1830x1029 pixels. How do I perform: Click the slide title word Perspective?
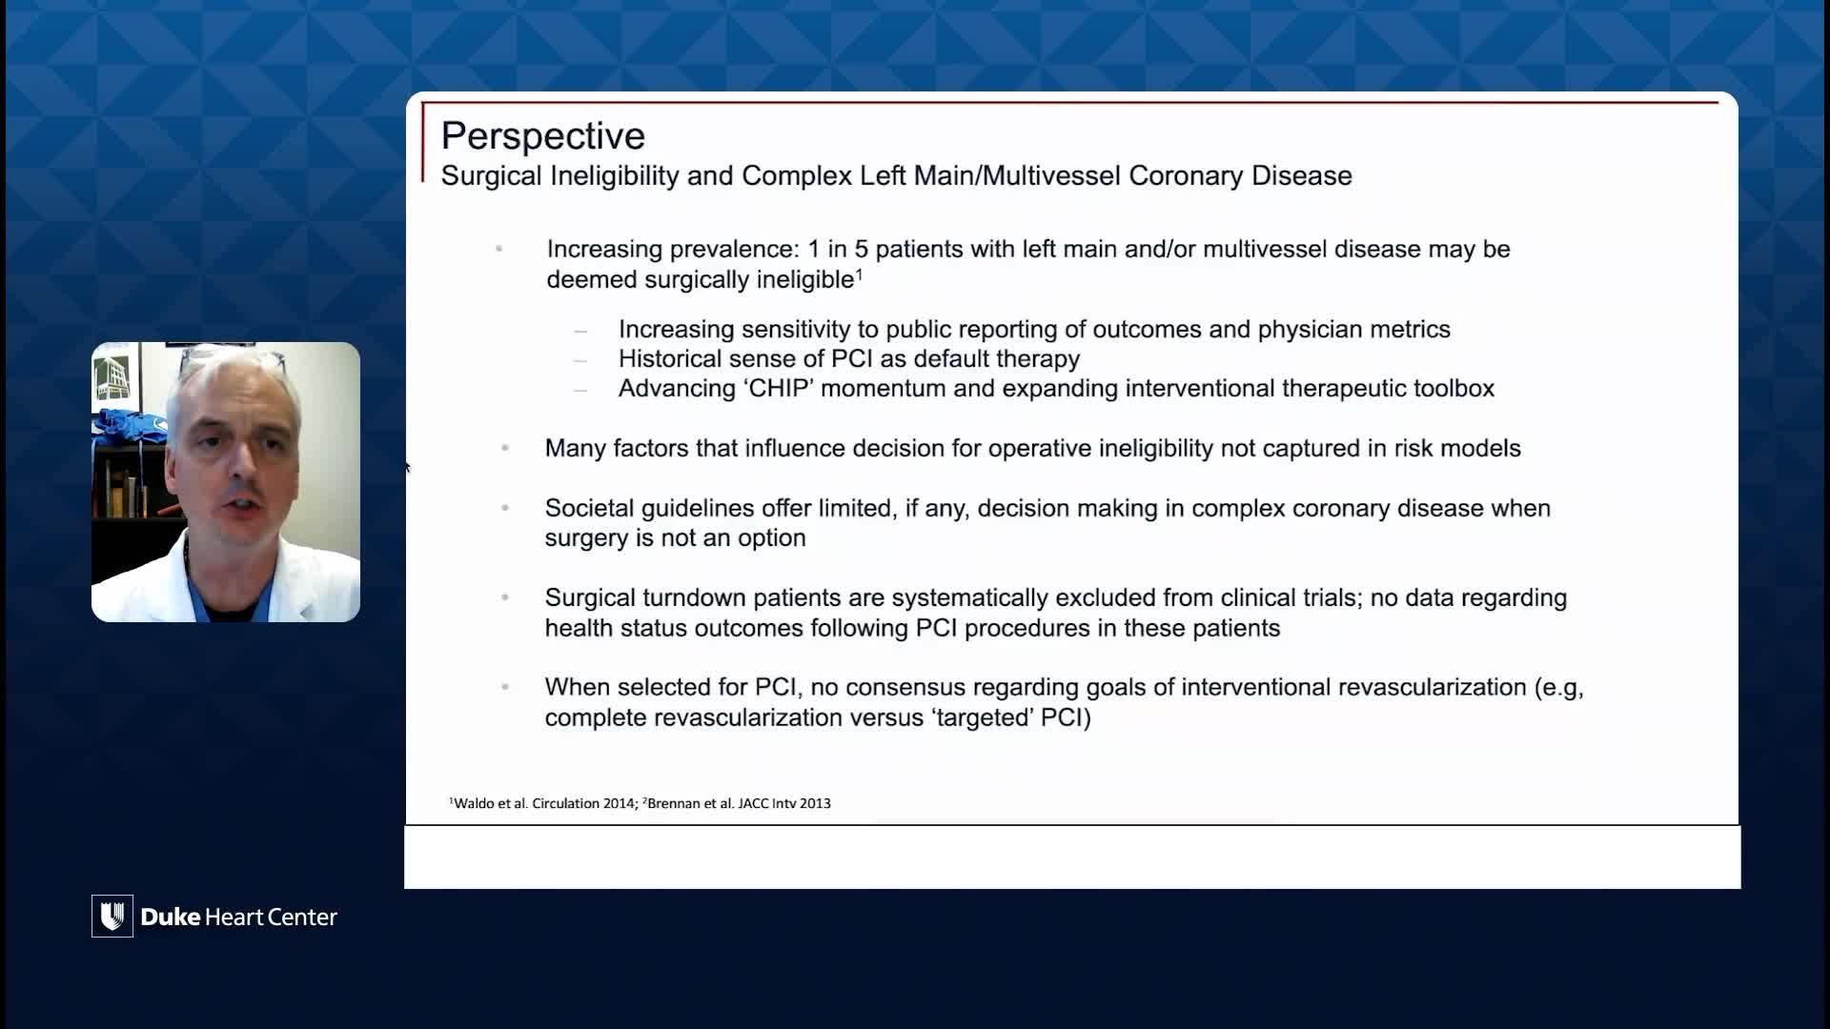(542, 136)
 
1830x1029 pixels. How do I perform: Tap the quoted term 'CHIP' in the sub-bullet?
(780, 389)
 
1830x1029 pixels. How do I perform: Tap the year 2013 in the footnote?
(815, 803)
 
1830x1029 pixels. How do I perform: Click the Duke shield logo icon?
(112, 916)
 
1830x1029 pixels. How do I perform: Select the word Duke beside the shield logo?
(171, 917)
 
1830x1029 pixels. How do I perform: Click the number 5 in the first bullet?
(862, 250)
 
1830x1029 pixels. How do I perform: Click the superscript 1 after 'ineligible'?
(859, 274)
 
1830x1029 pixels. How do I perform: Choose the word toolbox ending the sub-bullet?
(1454, 389)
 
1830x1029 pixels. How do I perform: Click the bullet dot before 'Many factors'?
(505, 448)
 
